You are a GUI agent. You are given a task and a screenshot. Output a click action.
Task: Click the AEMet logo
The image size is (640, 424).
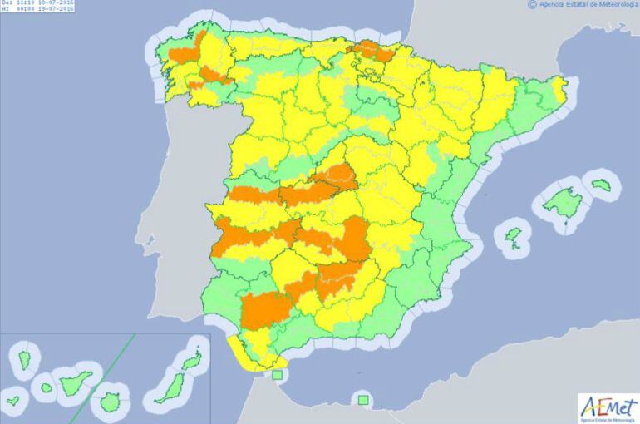click(x=608, y=407)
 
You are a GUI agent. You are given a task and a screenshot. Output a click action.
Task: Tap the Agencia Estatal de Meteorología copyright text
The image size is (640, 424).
click(x=583, y=4)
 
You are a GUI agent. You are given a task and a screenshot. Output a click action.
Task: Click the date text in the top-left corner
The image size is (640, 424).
click(x=41, y=4)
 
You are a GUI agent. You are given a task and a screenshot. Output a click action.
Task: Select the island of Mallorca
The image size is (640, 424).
click(x=563, y=202)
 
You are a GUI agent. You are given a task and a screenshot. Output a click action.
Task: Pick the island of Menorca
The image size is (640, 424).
click(x=601, y=183)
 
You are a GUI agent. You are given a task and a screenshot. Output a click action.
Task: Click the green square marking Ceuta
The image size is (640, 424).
click(x=277, y=375)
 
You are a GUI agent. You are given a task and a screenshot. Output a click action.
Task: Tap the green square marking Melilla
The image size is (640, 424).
click(x=362, y=400)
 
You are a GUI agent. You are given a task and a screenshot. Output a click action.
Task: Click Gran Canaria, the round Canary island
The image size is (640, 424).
click(x=110, y=402)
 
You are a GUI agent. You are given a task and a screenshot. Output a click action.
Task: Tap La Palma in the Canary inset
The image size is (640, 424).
click(x=22, y=360)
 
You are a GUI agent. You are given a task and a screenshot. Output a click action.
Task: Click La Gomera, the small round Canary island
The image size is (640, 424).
click(x=45, y=387)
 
